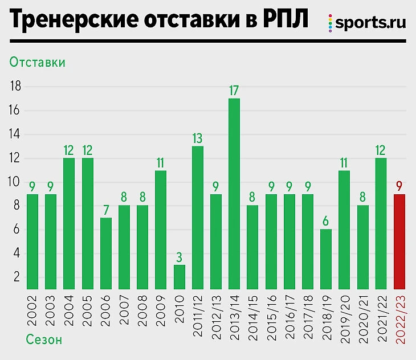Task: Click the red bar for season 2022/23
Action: pyautogui.click(x=400, y=242)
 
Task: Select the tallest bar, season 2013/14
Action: pyautogui.click(x=234, y=194)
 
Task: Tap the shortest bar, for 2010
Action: pyautogui.click(x=180, y=277)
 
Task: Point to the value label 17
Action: pyautogui.click(x=234, y=90)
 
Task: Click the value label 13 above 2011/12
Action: pyautogui.click(x=198, y=138)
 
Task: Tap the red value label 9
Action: pyautogui.click(x=400, y=186)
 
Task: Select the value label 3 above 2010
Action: pyautogui.click(x=180, y=257)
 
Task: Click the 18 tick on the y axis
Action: pyautogui.click(x=15, y=87)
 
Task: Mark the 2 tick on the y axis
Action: pyautogui.click(x=17, y=277)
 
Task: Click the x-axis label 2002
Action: pyautogui.click(x=32, y=310)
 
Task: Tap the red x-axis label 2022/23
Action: pyautogui.click(x=400, y=318)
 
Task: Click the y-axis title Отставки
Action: pyautogui.click(x=37, y=62)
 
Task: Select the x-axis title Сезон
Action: pyautogui.click(x=44, y=341)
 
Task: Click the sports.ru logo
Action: pyautogui.click(x=367, y=23)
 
